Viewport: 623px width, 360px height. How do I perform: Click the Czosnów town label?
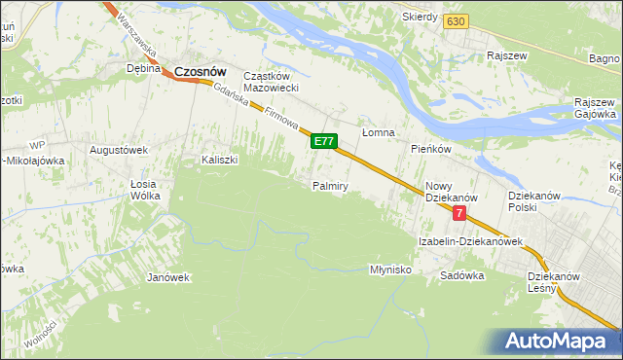click(201, 70)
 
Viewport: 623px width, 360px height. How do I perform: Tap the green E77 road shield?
click(324, 142)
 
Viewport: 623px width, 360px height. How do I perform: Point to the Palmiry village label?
click(331, 185)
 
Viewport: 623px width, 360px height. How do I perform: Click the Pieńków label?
click(430, 149)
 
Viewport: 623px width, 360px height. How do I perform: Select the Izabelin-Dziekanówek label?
click(471, 240)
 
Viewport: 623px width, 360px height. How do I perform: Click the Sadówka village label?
click(461, 275)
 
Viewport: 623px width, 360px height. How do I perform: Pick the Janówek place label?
click(167, 277)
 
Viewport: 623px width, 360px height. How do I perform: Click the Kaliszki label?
click(220, 160)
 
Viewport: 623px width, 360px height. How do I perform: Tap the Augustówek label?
click(118, 150)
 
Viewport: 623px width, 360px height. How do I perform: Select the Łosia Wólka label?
click(145, 189)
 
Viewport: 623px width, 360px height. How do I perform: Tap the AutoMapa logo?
click(554, 342)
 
